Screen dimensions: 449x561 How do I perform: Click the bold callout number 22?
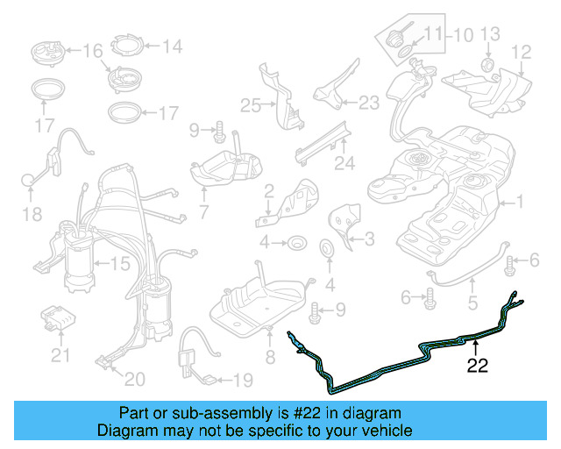tap(477, 367)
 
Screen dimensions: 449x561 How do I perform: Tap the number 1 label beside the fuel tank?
tap(518, 203)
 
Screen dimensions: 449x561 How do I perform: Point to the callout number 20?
tap(134, 379)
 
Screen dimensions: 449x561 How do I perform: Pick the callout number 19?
tap(241, 381)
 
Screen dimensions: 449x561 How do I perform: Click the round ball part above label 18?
tap(29, 182)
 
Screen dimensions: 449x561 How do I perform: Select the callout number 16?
tap(92, 51)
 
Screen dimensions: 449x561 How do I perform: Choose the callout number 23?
tap(368, 103)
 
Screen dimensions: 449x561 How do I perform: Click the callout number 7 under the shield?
tap(203, 212)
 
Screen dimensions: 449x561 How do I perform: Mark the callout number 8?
tap(270, 357)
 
